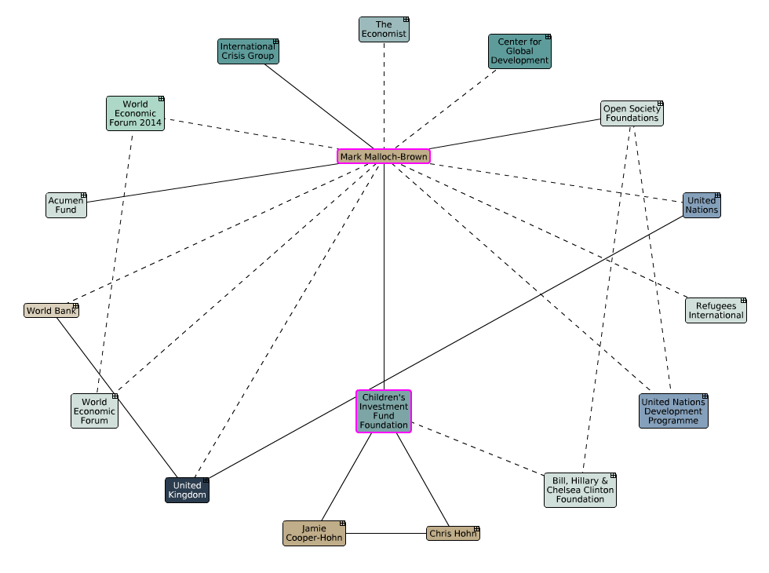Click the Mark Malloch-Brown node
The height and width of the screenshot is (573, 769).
384,156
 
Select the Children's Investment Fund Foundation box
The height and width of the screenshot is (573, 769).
384,411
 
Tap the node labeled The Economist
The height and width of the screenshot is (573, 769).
384,30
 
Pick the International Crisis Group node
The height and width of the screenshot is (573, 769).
248,52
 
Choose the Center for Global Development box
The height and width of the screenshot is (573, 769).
519,52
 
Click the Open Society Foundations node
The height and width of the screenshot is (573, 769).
632,114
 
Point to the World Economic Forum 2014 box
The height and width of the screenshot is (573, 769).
135,114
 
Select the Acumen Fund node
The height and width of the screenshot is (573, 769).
66,206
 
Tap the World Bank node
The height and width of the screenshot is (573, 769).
52,311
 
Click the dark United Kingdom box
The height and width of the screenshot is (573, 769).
188,491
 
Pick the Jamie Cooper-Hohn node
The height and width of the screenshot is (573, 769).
314,534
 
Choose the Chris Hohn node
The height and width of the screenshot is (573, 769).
453,534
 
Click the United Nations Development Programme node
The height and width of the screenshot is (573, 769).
673,411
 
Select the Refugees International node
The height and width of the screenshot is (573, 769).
716,311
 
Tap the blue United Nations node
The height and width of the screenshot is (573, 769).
701,206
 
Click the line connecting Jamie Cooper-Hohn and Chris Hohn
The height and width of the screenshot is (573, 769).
386,534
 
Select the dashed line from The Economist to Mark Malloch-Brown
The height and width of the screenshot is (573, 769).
384,94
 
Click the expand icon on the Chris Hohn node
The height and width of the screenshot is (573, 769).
476,529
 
